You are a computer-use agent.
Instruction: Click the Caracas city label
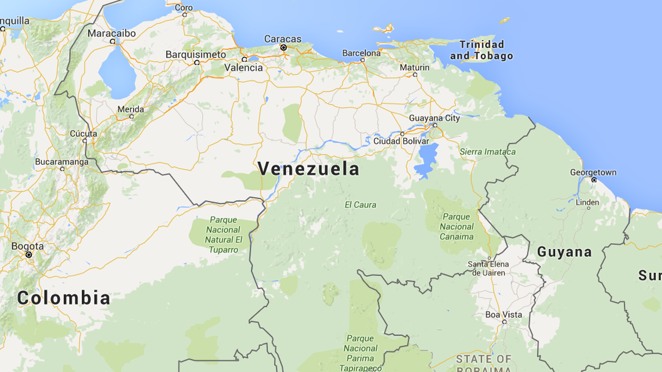coord(283,39)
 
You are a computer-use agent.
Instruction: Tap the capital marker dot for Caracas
coord(283,48)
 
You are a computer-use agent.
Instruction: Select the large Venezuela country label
coord(308,169)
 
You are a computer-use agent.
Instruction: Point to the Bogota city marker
coord(28,255)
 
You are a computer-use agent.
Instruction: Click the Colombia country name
coord(64,298)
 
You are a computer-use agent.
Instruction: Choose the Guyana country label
coord(564,252)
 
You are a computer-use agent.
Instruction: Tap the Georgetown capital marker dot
coord(593,180)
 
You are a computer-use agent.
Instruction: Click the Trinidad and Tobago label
coord(481,50)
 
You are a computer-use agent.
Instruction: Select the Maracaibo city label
coord(111,33)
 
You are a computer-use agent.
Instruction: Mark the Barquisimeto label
coord(196,55)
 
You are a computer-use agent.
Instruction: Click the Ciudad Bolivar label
coord(401,141)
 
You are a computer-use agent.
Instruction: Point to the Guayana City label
coord(434,118)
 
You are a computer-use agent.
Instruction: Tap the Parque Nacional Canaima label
coord(457,226)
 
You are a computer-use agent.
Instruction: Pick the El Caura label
coord(360,205)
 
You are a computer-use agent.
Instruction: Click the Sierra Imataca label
coord(487,152)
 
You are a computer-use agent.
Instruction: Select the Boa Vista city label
coord(503,315)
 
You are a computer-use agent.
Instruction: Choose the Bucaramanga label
coord(62,161)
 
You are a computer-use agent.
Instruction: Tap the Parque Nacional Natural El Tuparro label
coord(224,235)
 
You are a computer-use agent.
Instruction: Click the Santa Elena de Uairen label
coord(488,268)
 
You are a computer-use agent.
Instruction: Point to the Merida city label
coord(131,109)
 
